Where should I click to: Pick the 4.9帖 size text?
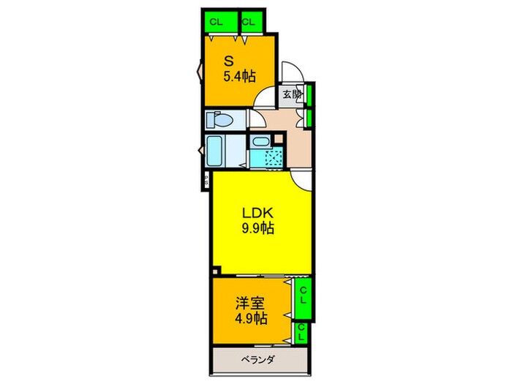pos(250,319)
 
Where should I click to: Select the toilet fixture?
pos(219,119)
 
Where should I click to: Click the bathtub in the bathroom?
pos(215,150)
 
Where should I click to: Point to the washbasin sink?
pos(259,142)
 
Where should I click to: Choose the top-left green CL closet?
pos(217,21)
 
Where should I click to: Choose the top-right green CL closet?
pos(249,21)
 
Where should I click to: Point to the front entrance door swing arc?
pos(289,70)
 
